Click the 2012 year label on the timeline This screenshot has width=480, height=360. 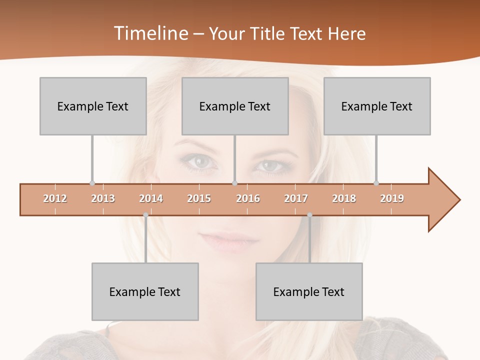(55, 198)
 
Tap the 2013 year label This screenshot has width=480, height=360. (103, 198)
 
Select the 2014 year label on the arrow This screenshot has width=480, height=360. (151, 198)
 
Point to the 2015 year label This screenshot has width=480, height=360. (199, 198)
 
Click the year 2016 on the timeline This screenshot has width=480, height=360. (248, 198)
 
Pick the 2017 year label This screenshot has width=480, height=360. (296, 198)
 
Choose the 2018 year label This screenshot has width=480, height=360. (344, 198)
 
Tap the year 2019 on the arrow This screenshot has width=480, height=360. (392, 198)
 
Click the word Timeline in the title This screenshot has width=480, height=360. (149, 33)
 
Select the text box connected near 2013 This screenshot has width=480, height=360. (93, 106)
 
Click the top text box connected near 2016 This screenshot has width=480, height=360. (235, 106)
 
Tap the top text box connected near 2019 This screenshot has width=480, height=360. (377, 106)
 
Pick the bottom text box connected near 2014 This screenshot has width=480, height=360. (145, 291)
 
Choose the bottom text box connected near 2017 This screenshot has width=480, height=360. (309, 291)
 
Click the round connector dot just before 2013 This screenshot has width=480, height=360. (92, 183)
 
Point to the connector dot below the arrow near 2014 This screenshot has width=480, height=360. (145, 215)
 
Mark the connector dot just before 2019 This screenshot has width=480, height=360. (376, 183)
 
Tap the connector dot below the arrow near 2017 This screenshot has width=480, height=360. (309, 215)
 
